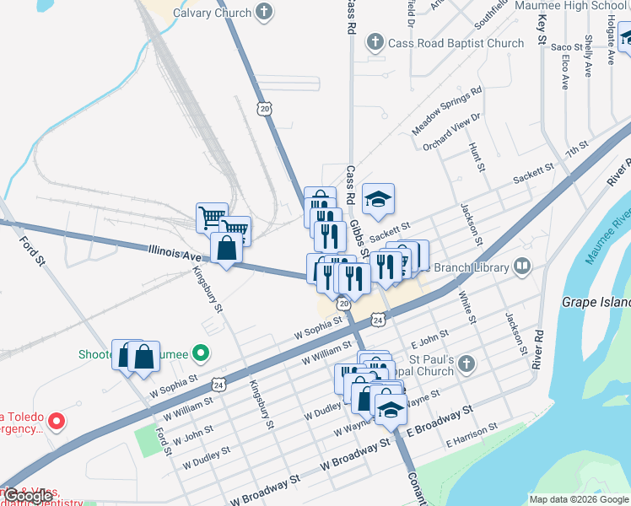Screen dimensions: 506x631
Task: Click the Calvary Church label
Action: pyautogui.click(x=212, y=13)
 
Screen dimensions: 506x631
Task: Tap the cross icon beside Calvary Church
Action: pyautogui.click(x=265, y=13)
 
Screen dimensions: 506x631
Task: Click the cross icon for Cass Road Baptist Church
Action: pyautogui.click(x=375, y=42)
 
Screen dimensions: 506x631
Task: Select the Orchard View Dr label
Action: pyautogui.click(x=451, y=132)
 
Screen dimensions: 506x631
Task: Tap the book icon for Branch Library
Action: pyautogui.click(x=522, y=267)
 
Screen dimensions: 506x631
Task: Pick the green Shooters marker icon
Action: pyautogui.click(x=200, y=353)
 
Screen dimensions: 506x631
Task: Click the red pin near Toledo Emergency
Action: pyautogui.click(x=56, y=419)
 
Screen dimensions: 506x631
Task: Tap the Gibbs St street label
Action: pyautogui.click(x=359, y=237)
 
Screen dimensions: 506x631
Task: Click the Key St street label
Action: pyautogui.click(x=542, y=30)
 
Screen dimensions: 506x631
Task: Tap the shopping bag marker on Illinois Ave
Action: pyautogui.click(x=226, y=249)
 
